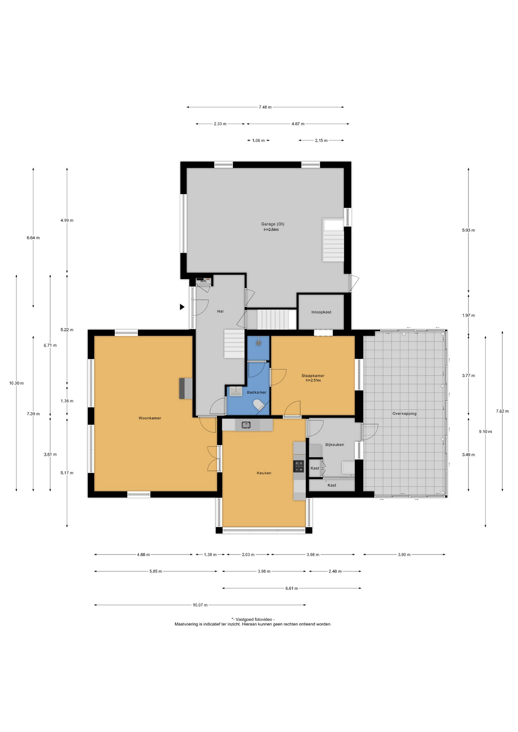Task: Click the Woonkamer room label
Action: coord(150,418)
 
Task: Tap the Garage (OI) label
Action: coord(273,224)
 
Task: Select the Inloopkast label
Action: coord(321,312)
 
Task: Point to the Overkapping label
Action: coord(404,414)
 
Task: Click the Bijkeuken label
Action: coord(335,445)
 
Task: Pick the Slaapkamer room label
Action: coord(313,376)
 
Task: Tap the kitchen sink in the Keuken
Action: coord(246,425)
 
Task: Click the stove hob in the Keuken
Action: coord(299,466)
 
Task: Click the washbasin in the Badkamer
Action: coord(236,391)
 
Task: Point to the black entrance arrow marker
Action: coord(182,307)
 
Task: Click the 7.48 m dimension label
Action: coord(265,107)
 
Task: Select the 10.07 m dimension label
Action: coord(200,605)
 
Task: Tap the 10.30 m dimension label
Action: coord(16,383)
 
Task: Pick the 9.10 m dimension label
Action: coord(485,432)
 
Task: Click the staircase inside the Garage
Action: coord(333,240)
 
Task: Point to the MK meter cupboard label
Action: coord(203,281)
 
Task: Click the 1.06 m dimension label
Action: coord(259,141)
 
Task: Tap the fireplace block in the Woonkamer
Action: coord(186,388)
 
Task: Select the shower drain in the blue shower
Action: coord(259,342)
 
